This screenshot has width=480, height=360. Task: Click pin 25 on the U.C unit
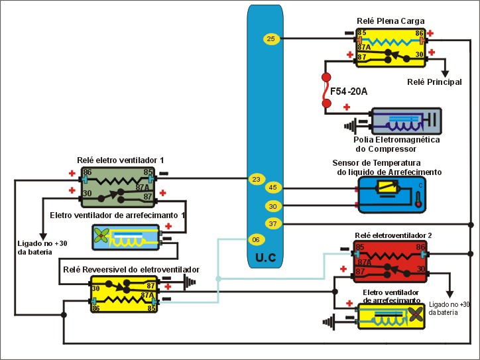pos(270,39)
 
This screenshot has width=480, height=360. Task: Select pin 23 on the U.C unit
pos(256,179)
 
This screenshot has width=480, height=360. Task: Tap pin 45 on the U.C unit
pos(272,188)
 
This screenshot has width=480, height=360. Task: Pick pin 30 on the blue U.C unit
pos(272,206)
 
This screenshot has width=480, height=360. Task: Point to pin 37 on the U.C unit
pos(272,223)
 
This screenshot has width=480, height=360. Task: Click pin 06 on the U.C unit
pos(256,239)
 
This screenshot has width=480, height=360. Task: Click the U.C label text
pos(271,255)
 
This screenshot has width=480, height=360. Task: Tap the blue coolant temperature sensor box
pos(392,194)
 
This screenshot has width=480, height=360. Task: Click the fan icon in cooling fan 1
pos(103,236)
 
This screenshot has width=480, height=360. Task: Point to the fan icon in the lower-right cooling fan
pos(415,316)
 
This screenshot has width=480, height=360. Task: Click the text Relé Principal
pos(435,82)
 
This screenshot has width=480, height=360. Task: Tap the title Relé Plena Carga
pos(390,21)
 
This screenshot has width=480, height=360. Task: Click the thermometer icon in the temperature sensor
pos(418,199)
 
